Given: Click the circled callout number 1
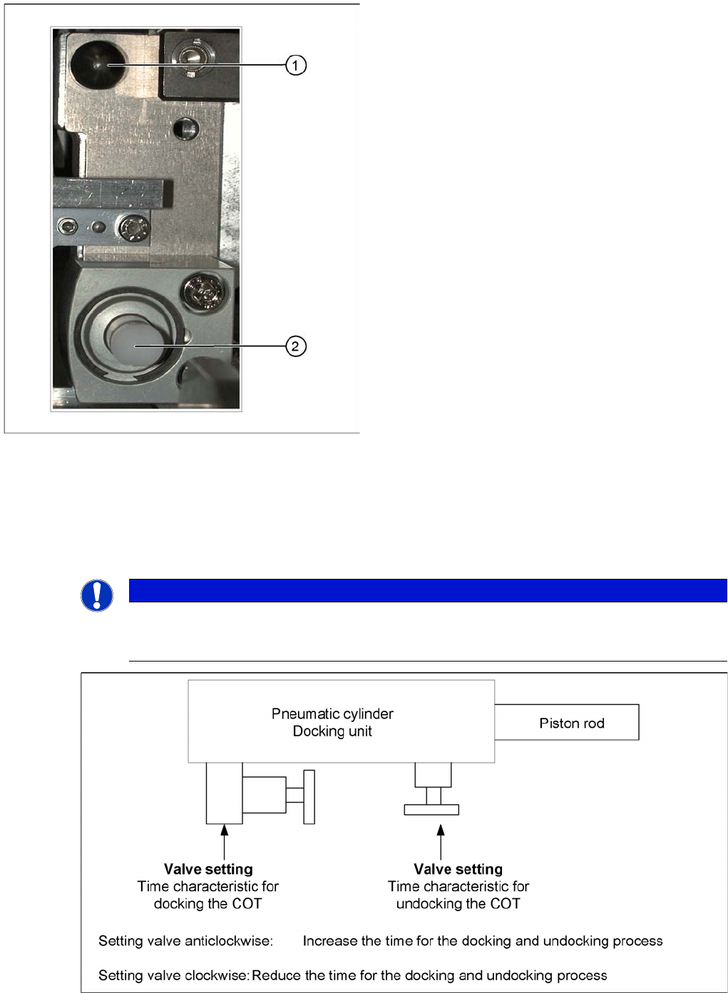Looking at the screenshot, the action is click(x=296, y=66).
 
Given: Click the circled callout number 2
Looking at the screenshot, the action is click(x=296, y=346).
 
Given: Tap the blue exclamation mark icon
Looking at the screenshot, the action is click(x=97, y=595).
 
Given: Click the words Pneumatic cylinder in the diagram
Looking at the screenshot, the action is click(x=332, y=714).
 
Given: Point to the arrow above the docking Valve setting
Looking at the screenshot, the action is click(x=225, y=841).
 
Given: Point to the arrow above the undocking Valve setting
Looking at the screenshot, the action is click(x=441, y=841).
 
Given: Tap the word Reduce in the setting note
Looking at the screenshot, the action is click(x=276, y=975).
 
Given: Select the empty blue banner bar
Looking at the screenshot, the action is click(x=428, y=590).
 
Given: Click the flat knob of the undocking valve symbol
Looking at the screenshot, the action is click(x=431, y=810).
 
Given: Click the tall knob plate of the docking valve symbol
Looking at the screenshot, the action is click(x=309, y=797).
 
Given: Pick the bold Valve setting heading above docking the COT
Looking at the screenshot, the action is click(x=208, y=869).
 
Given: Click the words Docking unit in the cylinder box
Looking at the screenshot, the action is click(x=332, y=731).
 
